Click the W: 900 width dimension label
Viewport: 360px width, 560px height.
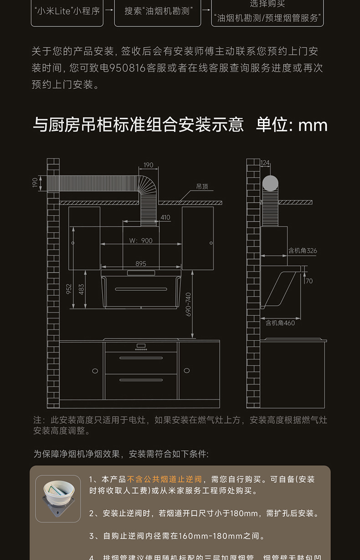pyautogui.click(x=141, y=241)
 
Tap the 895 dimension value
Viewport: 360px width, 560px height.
pyautogui.click(x=141, y=263)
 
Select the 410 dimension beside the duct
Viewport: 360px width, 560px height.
pyautogui.click(x=165, y=217)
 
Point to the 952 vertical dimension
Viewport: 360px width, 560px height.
pyautogui.click(x=69, y=289)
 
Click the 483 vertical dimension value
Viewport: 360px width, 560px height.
pyautogui.click(x=82, y=289)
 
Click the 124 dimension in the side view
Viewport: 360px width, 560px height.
pyautogui.click(x=265, y=163)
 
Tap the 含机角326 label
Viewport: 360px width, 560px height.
pyautogui.click(x=302, y=251)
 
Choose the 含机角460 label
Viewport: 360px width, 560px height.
pyautogui.click(x=280, y=323)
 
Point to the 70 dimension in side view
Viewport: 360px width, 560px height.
pyautogui.click(x=309, y=281)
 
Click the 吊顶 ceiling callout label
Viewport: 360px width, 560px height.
pyautogui.click(x=202, y=186)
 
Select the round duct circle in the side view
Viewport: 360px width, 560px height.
pyautogui.click(x=270, y=183)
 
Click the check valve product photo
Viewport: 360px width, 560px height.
pyautogui.click(x=58, y=498)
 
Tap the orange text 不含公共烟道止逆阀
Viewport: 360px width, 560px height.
pyautogui.click(x=165, y=479)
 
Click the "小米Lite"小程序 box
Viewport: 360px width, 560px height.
pyautogui.click(x=67, y=10)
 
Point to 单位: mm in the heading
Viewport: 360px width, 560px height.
pyautogui.click(x=292, y=125)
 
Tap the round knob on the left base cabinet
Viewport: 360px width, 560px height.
pyautogui.click(x=95, y=371)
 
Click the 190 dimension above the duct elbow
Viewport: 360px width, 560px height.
pyautogui.click(x=148, y=165)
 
